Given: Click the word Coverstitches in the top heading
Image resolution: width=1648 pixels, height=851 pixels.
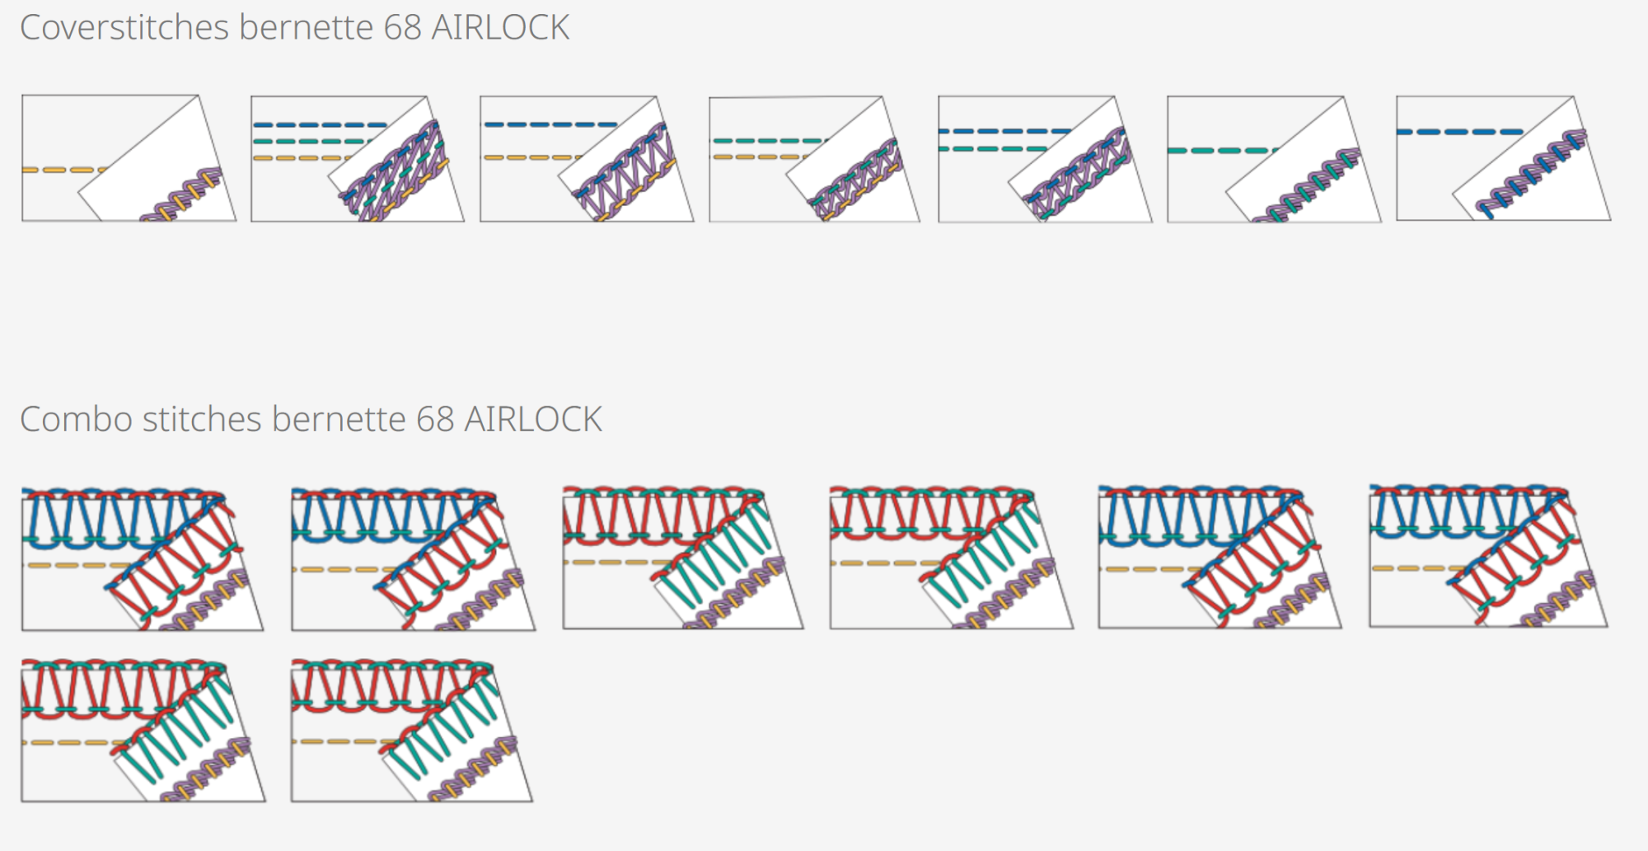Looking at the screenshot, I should point(124,28).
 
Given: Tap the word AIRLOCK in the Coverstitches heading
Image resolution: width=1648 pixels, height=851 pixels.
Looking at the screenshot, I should point(500,28).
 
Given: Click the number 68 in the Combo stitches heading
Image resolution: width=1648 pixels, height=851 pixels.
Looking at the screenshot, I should point(435,419).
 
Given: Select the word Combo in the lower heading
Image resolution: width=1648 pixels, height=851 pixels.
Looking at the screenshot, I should point(76,419).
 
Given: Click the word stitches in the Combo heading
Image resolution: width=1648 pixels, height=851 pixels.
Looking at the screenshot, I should point(202,419).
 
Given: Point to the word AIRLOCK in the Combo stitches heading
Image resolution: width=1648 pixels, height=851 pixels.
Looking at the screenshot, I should point(533,419).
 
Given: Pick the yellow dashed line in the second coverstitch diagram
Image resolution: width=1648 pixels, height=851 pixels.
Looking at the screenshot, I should point(297,158).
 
